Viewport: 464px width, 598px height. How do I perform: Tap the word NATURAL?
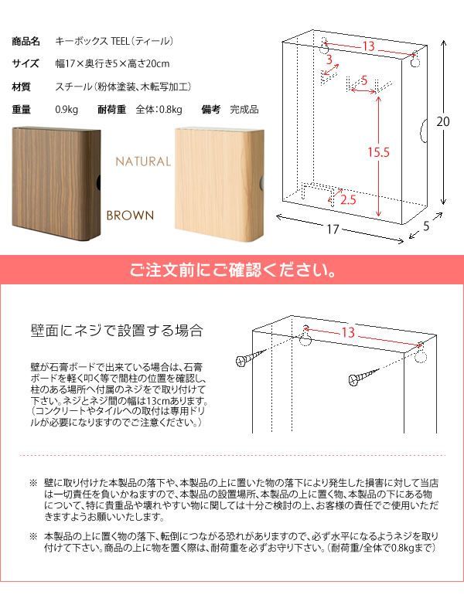click(x=142, y=161)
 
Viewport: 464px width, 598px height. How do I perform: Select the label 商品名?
click(x=27, y=41)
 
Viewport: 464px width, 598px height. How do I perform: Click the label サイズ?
click(x=27, y=63)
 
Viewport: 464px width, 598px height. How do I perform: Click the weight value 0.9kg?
click(x=67, y=109)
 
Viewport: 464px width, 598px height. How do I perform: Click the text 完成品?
click(x=244, y=109)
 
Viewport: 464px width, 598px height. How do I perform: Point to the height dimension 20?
click(x=442, y=122)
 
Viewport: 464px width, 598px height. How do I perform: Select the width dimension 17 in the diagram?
click(x=333, y=229)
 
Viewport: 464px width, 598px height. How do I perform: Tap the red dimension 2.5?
click(x=348, y=200)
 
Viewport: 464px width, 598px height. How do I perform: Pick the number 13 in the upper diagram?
click(x=368, y=46)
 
